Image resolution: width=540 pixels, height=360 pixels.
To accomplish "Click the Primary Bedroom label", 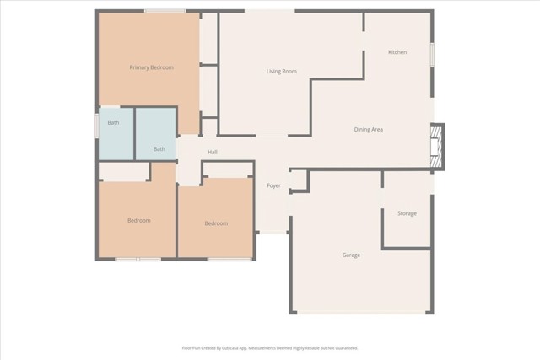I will point(151,67).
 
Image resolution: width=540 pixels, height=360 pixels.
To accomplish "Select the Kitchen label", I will point(397,52).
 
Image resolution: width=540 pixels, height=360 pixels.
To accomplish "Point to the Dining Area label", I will point(369,129).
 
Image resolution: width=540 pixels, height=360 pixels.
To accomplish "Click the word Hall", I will point(213,152).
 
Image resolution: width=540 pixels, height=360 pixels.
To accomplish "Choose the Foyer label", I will point(273,185).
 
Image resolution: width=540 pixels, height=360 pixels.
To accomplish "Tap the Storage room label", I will point(407,213).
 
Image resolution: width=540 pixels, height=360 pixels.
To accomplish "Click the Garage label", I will point(351,255).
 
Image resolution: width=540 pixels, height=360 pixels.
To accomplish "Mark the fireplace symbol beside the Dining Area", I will point(436,144).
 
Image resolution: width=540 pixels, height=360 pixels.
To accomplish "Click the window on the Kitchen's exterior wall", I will point(433,54).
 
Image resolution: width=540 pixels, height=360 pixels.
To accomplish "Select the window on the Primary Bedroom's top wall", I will point(165,11).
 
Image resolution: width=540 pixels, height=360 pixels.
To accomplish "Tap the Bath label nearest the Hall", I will point(159,149).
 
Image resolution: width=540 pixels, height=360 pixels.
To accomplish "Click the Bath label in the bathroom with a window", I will point(112,123).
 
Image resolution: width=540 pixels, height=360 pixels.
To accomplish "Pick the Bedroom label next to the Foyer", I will point(216,223).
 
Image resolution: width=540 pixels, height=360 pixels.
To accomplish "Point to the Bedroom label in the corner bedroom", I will point(138,221).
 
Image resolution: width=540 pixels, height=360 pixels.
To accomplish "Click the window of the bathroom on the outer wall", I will point(96,125).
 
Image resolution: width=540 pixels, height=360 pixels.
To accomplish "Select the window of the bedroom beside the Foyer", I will point(229,259).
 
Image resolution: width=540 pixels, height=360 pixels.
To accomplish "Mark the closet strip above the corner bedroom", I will point(124,172).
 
